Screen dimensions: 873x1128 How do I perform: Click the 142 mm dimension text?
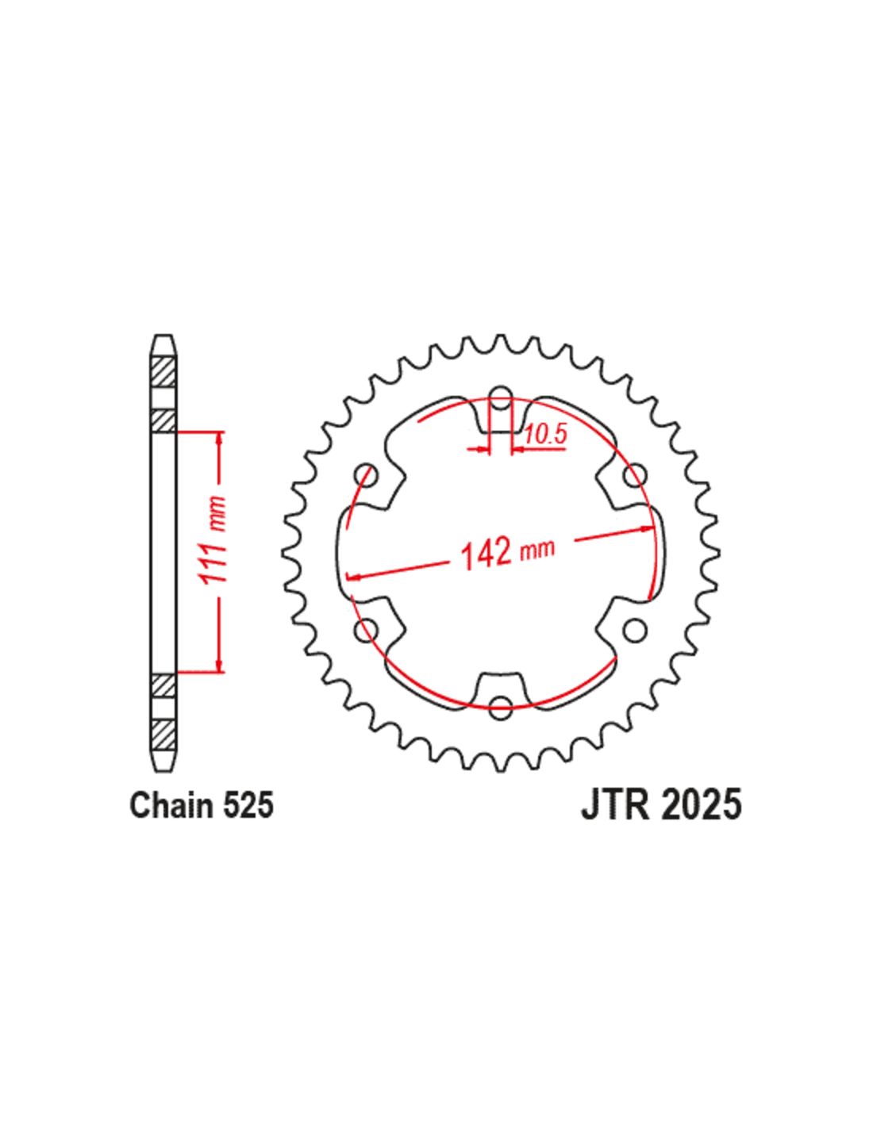[507, 552]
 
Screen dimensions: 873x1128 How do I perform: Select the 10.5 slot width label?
[544, 434]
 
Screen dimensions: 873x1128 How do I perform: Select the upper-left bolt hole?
[366, 474]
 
